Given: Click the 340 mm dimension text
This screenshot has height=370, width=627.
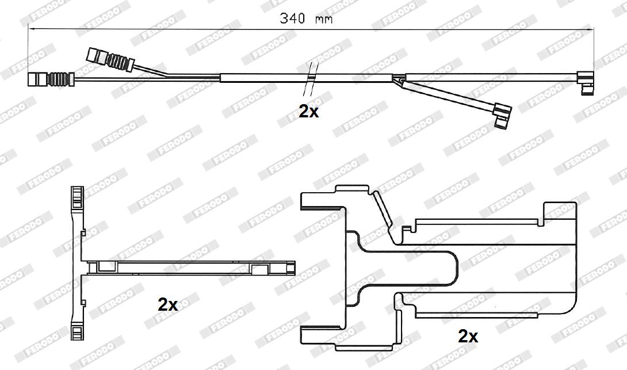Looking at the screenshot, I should point(307,18).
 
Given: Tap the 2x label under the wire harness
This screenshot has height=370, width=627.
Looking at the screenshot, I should point(309,111).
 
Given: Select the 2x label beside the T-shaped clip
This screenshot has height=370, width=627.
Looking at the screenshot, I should point(168,304).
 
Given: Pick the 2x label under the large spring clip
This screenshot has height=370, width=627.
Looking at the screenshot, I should point(468,335).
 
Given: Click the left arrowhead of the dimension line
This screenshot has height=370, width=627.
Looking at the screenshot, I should point(32,28).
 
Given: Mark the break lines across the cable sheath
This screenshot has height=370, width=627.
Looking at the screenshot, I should point(311,78).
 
